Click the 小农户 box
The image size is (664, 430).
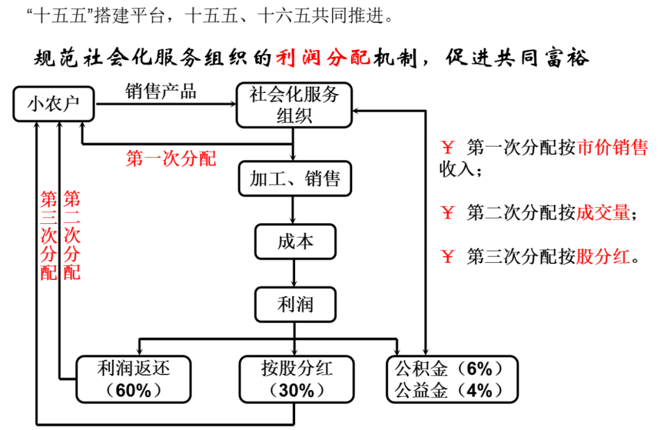pyautogui.click(x=54, y=104)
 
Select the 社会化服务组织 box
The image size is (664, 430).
pyautogui.click(x=294, y=105)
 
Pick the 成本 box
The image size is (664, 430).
pyautogui.click(x=295, y=241)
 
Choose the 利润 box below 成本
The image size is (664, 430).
pyautogui.click(x=295, y=304)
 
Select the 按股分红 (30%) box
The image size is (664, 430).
pyautogui.click(x=296, y=379)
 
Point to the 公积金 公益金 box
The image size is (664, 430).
pyautogui.click(x=452, y=379)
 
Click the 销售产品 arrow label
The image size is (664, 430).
pyautogui.click(x=161, y=92)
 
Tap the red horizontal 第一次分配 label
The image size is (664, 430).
pyautogui.click(x=171, y=159)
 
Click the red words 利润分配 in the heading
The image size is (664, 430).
pyautogui.click(x=322, y=58)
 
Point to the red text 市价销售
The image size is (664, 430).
pyautogui.click(x=612, y=148)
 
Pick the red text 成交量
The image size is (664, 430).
pyautogui.click(x=603, y=213)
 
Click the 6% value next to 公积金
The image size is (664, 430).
pyautogui.click(x=480, y=369)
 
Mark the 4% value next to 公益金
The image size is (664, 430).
pyautogui.click(x=480, y=390)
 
